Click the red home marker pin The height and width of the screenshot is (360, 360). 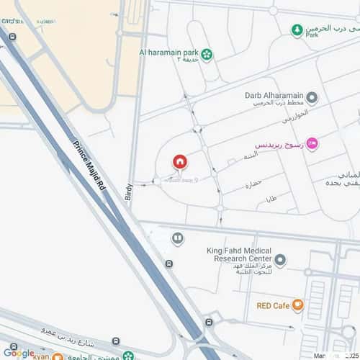179,162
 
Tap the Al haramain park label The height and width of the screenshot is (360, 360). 170,52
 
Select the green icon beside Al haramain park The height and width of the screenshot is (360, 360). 207,53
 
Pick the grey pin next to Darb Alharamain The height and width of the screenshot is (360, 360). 312,97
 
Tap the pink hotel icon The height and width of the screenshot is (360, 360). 311,143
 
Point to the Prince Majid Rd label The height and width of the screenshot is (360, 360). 90,166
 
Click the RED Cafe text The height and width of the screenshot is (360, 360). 273,305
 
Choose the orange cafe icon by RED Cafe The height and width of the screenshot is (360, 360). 298,305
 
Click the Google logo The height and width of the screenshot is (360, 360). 18,353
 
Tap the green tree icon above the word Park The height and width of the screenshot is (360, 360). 297,30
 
